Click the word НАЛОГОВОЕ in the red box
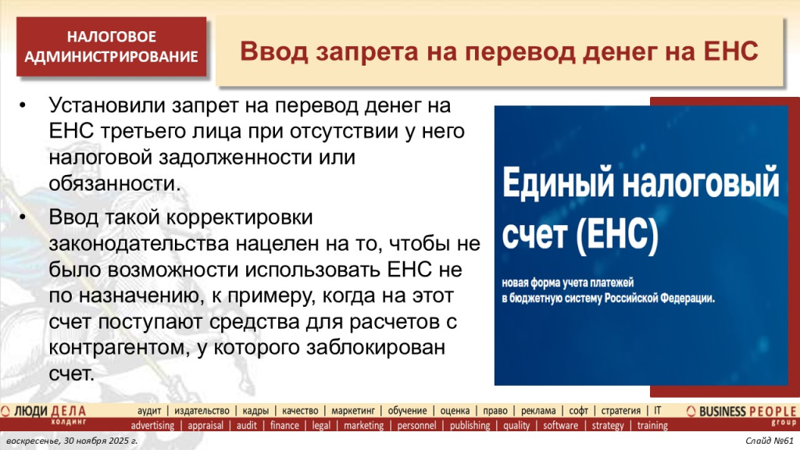111,37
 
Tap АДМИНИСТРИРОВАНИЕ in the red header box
111,56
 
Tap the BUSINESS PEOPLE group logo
741,412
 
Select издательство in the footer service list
202,411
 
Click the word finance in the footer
284,426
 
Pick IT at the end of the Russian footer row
657,411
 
